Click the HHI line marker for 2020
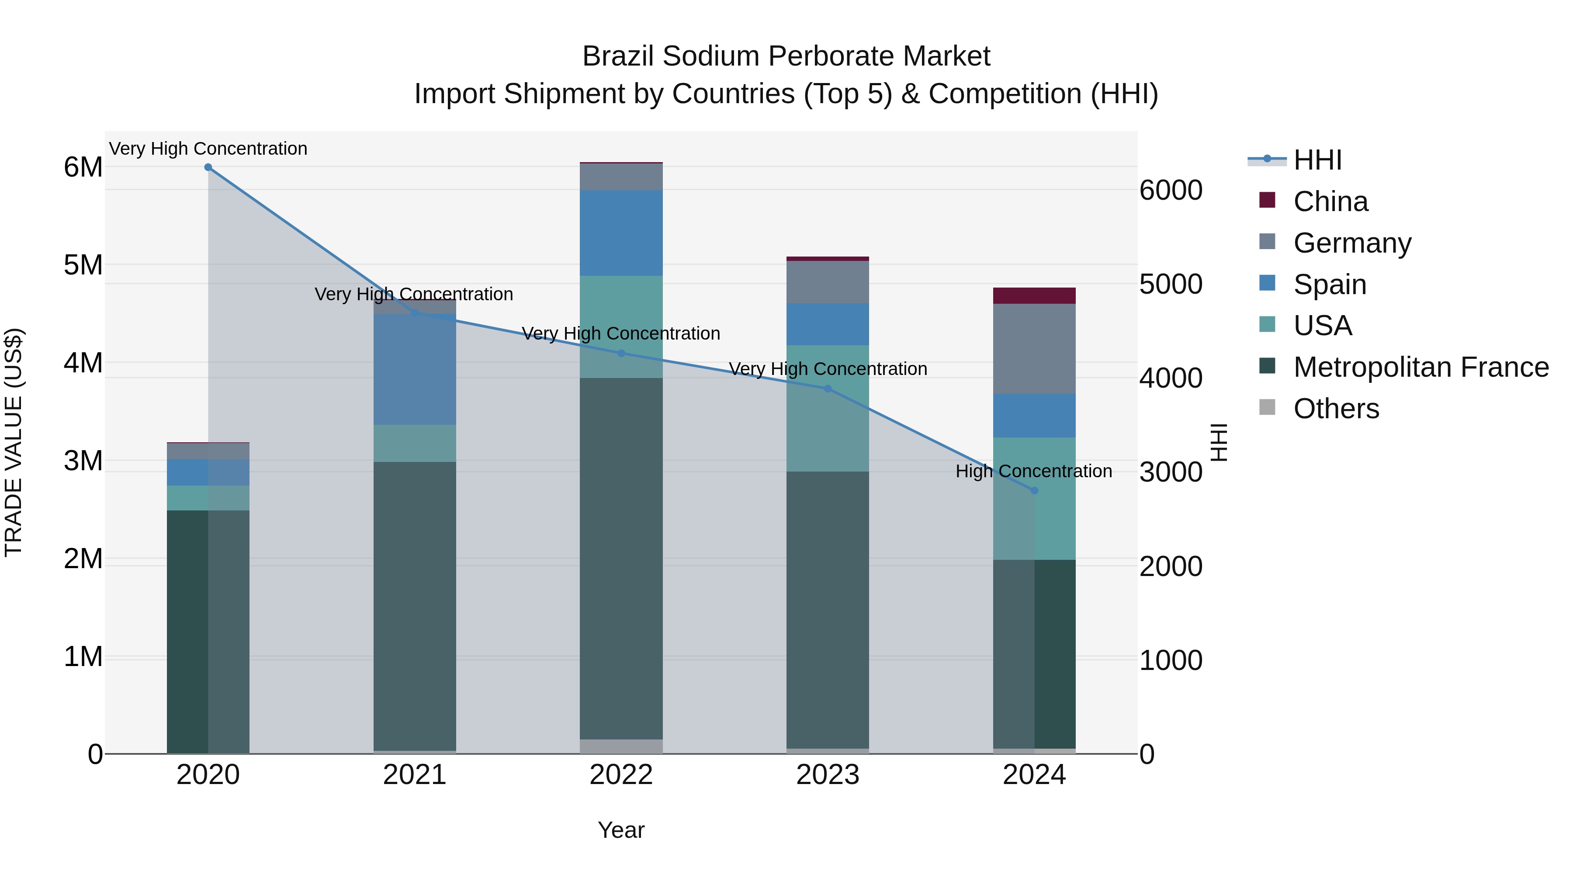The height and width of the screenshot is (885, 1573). [208, 167]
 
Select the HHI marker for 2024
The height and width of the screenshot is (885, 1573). [1034, 490]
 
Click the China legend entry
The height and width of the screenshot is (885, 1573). [1330, 201]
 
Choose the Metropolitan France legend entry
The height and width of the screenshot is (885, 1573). [1421, 367]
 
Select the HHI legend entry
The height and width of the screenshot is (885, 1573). [1317, 160]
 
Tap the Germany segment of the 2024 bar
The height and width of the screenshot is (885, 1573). [1034, 349]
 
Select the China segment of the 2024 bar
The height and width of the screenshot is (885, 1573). [1034, 295]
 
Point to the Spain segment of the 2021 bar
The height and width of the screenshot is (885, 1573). [415, 369]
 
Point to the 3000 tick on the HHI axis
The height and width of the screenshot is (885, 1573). [1171, 472]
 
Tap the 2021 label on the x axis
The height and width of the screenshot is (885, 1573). [415, 775]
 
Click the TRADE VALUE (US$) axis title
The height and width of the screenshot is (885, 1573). [14, 442]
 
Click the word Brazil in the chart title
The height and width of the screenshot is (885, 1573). [619, 56]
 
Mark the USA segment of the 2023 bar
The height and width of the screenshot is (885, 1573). [828, 408]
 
